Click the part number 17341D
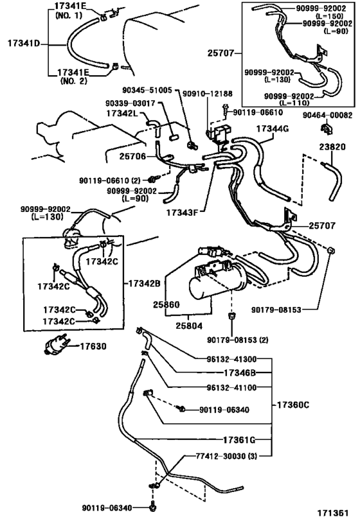click(23, 44)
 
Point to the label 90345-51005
click(148, 91)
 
